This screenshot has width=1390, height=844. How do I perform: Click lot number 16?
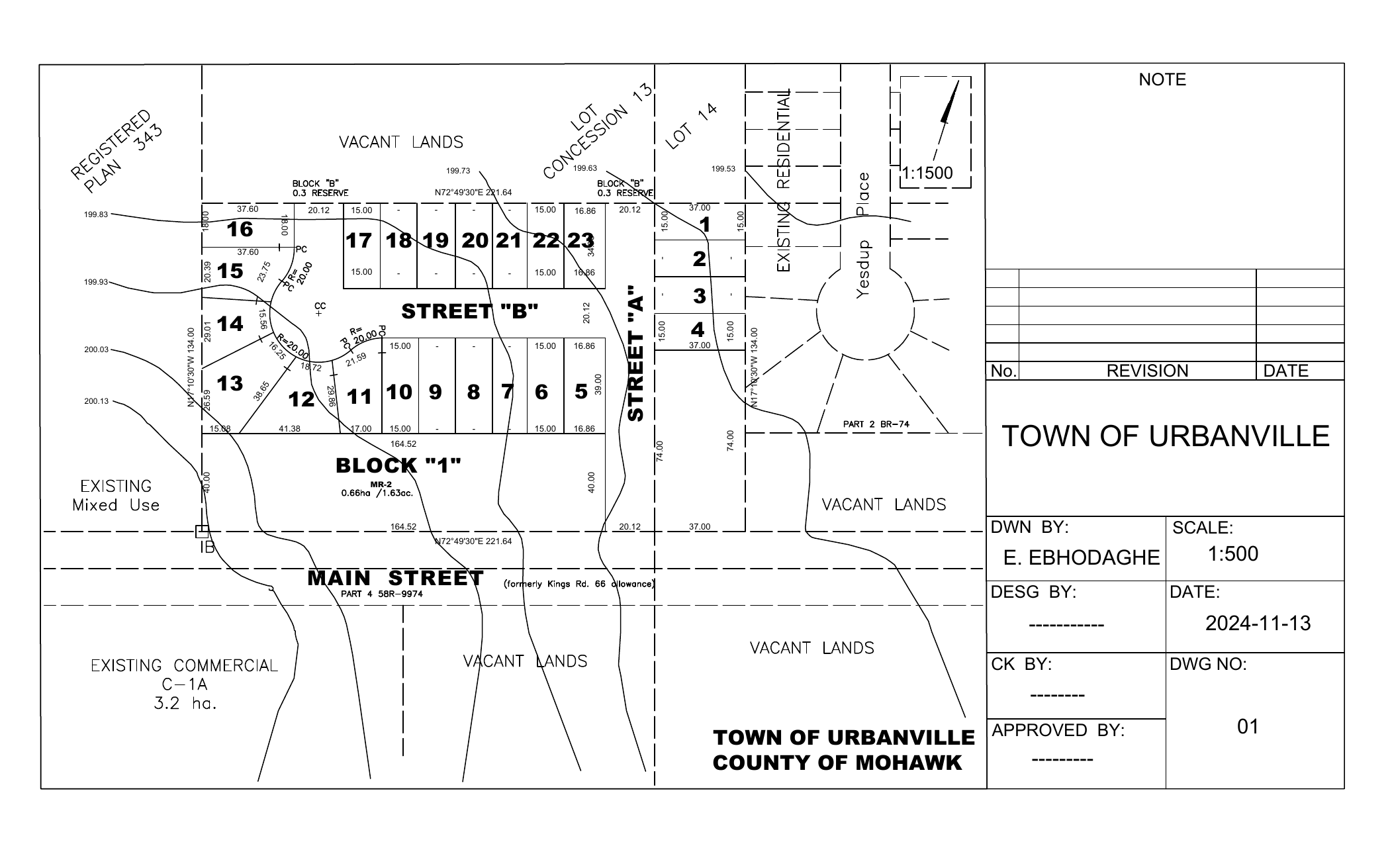tap(240, 229)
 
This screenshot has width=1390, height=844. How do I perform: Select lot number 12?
tap(302, 399)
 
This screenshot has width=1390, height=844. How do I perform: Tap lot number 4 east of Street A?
tap(698, 329)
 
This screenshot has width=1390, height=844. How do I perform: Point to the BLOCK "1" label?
tap(398, 465)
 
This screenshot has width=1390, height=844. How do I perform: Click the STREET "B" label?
tap(469, 311)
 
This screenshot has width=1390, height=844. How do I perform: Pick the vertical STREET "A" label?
tap(635, 353)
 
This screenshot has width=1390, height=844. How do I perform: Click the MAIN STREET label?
tap(395, 578)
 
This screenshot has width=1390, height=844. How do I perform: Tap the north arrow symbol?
tap(949, 109)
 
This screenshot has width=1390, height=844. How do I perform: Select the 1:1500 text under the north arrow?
tap(927, 173)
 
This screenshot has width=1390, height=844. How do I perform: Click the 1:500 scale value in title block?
tap(1232, 554)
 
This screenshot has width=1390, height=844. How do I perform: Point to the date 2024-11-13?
tap(1258, 624)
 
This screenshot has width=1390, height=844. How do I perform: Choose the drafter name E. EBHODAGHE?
tap(1082, 558)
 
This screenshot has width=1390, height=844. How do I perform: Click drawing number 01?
tap(1248, 727)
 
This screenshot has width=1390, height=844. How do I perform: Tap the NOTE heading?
tap(1162, 80)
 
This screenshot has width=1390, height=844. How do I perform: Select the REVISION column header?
tap(1147, 371)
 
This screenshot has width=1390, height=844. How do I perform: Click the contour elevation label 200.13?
tap(96, 401)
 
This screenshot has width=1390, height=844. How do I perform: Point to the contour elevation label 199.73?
tap(458, 171)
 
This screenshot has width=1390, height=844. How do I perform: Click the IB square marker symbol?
tap(202, 532)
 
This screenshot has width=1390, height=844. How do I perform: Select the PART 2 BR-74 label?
tap(875, 424)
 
